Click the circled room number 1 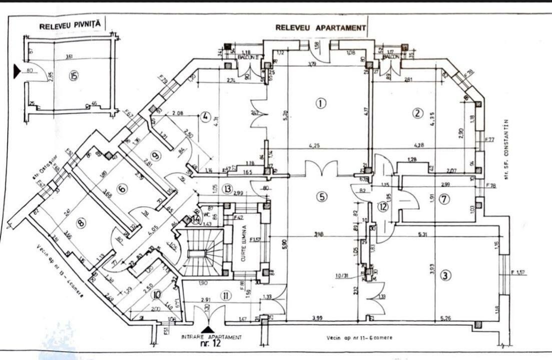click(x=320, y=103)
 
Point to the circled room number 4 click(x=205, y=118)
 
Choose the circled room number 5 click(x=321, y=196)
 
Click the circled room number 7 click(x=444, y=199)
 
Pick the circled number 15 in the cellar click(x=74, y=76)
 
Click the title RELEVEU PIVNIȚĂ click(x=70, y=23)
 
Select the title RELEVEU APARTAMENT click(x=321, y=28)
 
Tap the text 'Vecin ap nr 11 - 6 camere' click(x=359, y=338)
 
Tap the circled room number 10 click(x=158, y=294)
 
